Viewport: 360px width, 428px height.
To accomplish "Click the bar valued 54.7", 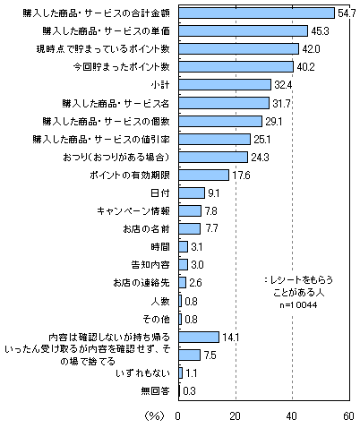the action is click(x=257, y=13).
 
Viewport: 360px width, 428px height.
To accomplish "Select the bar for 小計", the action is click(x=225, y=85).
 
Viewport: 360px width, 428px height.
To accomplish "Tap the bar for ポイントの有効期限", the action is click(x=204, y=175).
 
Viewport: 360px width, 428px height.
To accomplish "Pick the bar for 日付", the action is click(x=192, y=193).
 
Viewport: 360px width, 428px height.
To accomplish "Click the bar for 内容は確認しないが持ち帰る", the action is click(x=199, y=338).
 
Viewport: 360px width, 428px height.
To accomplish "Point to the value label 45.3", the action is click(x=320, y=31).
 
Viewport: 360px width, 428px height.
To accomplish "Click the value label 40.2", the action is click(x=305, y=67).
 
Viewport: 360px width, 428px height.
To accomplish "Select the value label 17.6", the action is click(x=241, y=175).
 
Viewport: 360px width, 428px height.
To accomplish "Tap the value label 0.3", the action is click(x=189, y=391).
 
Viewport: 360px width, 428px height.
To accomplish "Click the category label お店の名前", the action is click(x=146, y=229).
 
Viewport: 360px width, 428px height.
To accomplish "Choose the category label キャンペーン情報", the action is click(x=133, y=211).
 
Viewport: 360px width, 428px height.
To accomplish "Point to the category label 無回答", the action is click(x=156, y=391).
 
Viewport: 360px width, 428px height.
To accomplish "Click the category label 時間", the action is click(x=160, y=247).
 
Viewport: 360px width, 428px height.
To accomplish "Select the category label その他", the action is click(x=156, y=320).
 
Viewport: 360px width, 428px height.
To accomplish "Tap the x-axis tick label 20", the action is click(x=236, y=416).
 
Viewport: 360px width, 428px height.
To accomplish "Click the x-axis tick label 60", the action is click(x=348, y=416).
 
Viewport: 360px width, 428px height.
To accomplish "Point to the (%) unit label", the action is click(x=155, y=415).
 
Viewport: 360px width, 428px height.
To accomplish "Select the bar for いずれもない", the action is click(x=181, y=373).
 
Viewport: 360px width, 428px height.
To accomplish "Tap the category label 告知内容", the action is click(x=150, y=265).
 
